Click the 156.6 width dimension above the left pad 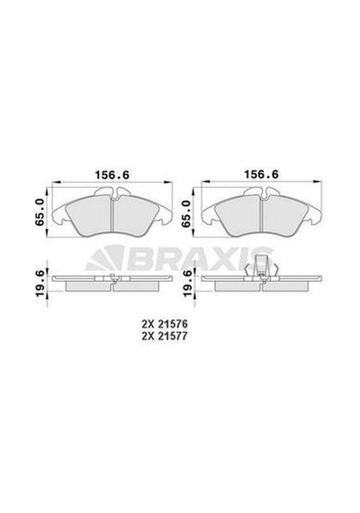tap(112, 175)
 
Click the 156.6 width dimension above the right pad tap(262, 175)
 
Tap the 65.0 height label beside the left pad tap(40, 212)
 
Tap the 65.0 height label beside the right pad tap(186, 213)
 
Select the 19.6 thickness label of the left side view tap(40, 284)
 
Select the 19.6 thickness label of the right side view tap(186, 284)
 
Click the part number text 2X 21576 tap(165, 324)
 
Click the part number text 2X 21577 tap(165, 336)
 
